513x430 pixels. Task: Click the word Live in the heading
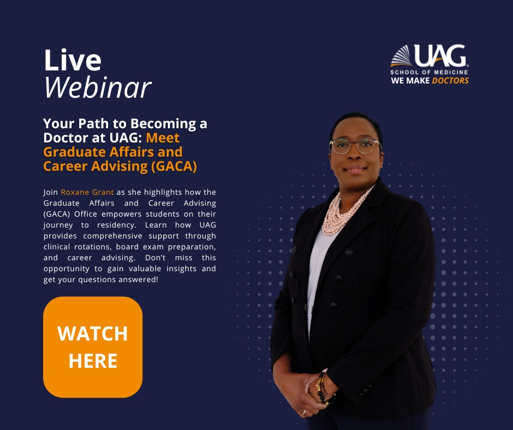(73, 61)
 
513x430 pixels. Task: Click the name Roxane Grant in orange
(87, 192)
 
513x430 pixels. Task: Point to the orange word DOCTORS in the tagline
(450, 81)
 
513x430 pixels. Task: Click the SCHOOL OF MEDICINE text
(429, 72)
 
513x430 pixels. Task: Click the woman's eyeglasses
(355, 145)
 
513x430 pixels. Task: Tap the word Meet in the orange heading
(163, 138)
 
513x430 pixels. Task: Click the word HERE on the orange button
(93, 361)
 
